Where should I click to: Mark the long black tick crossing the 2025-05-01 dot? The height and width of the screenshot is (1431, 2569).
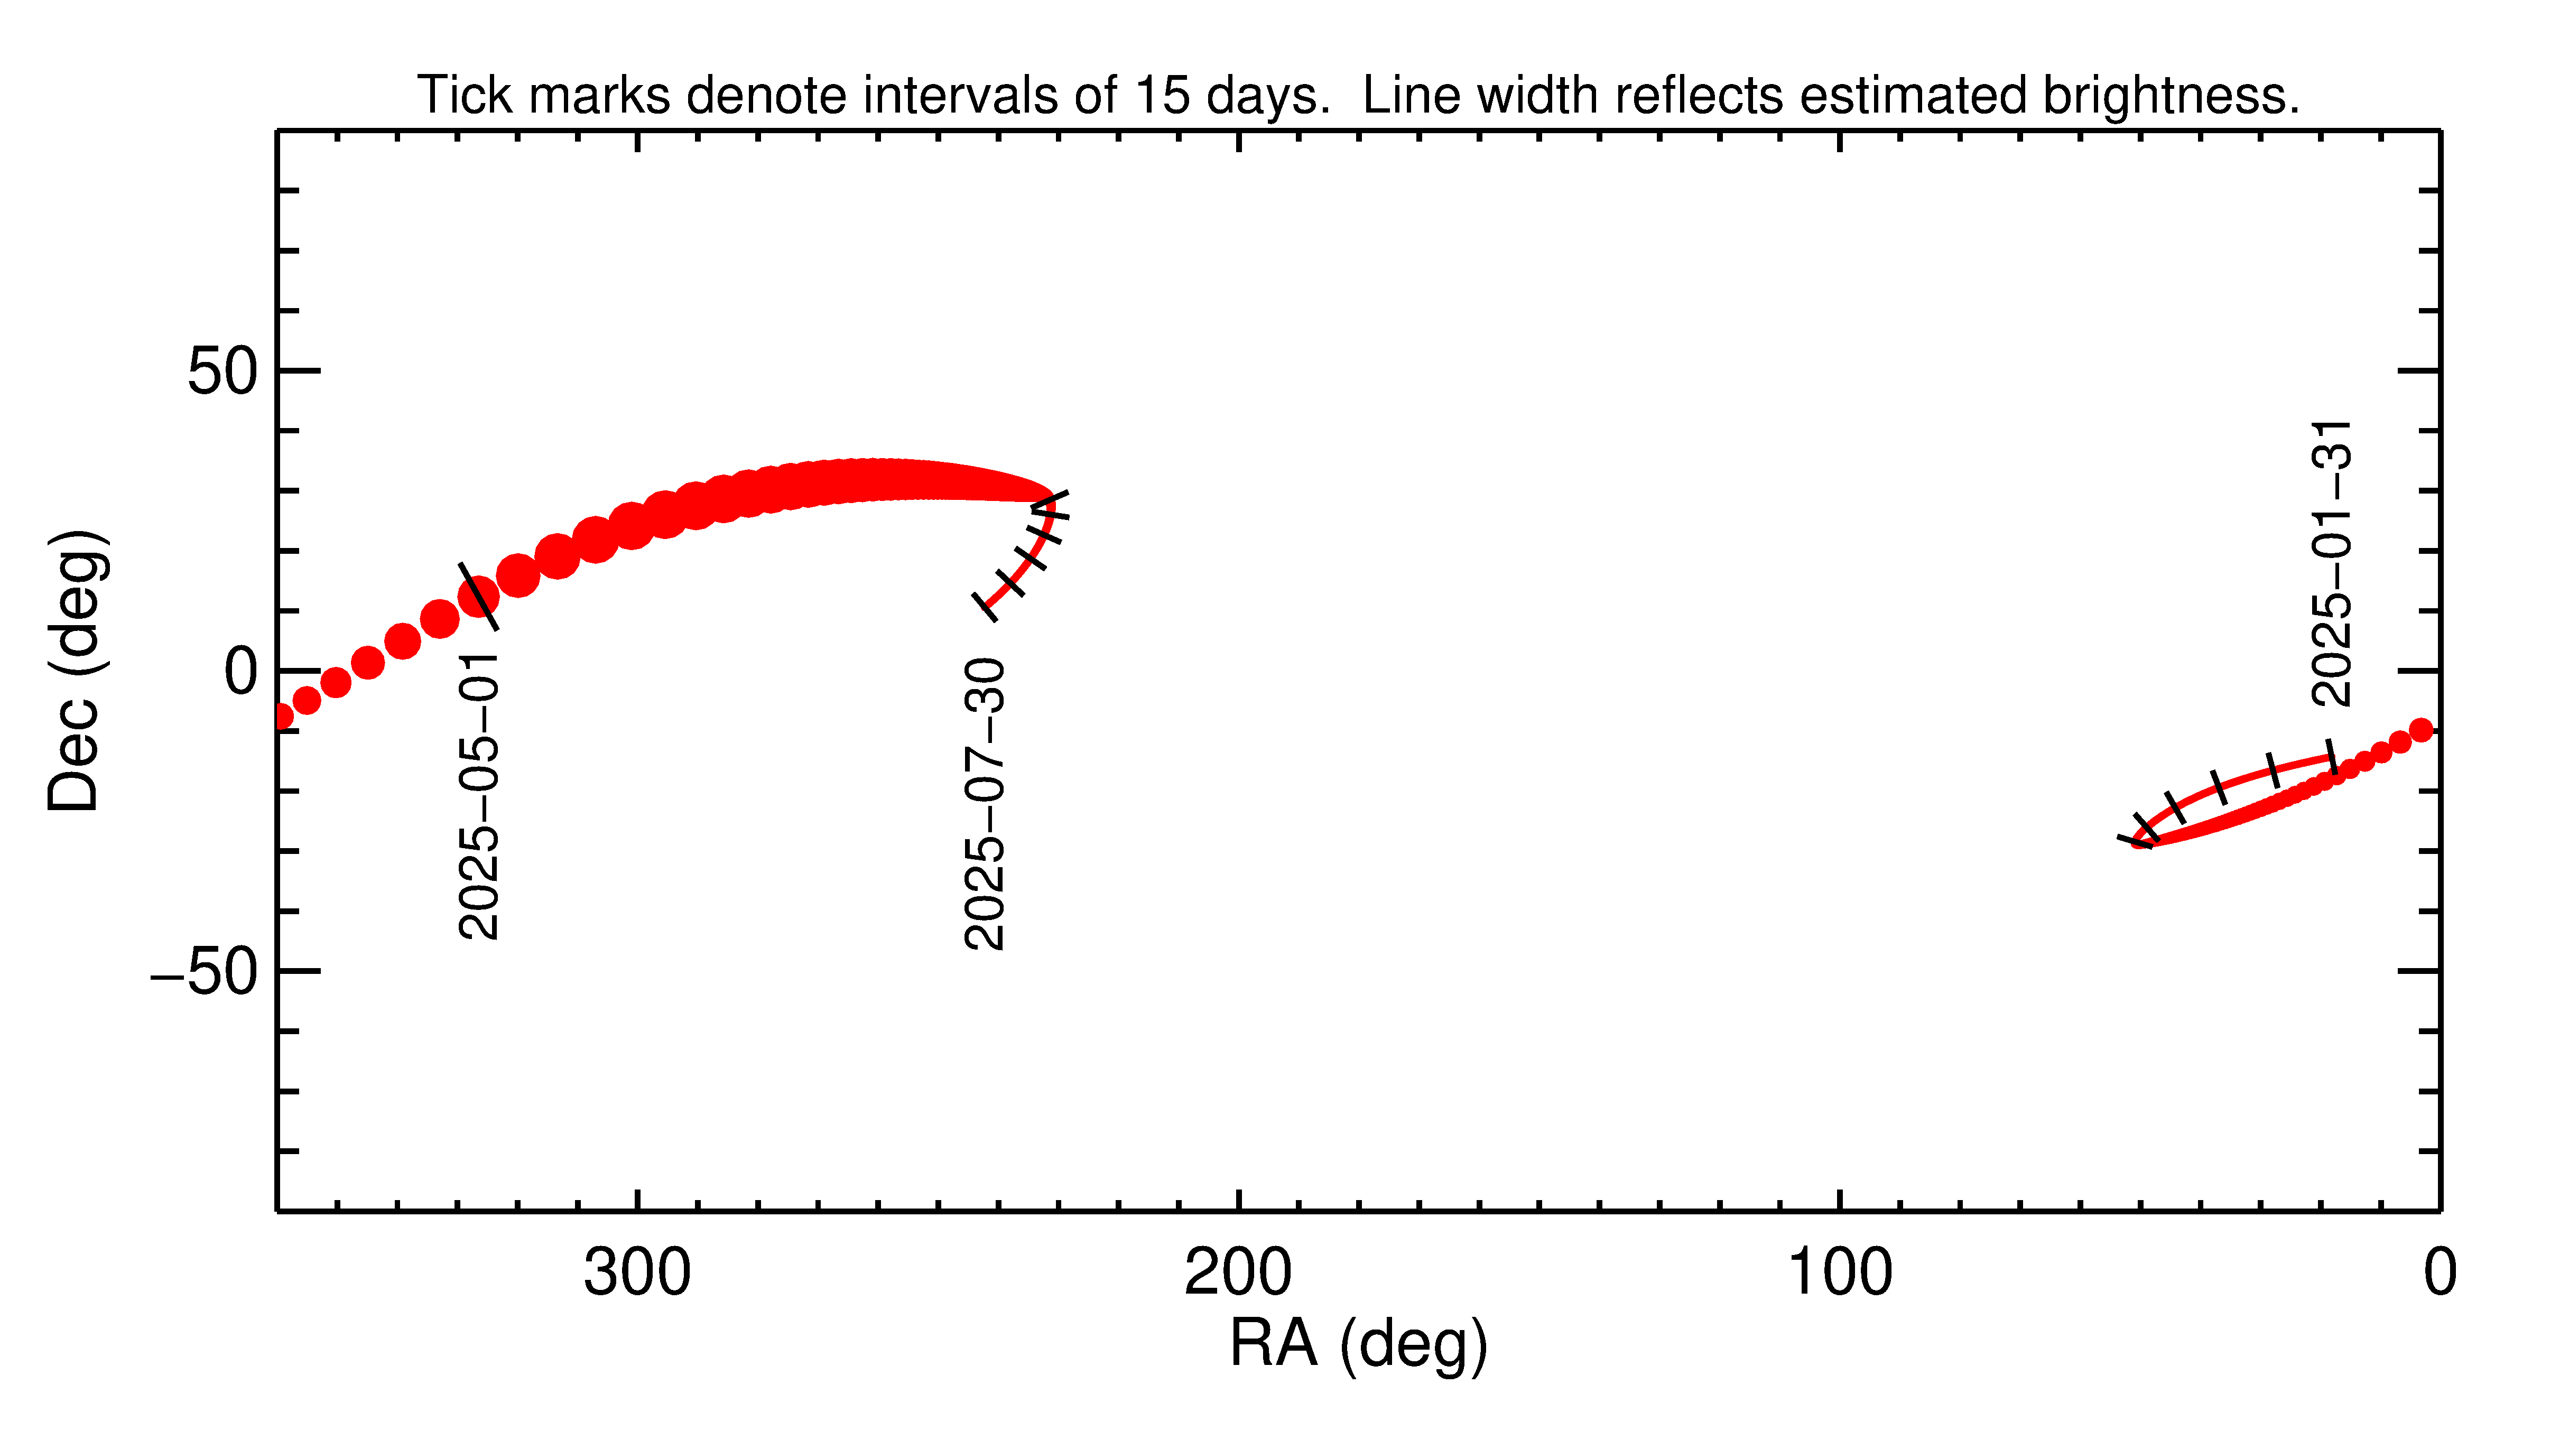(x=479, y=596)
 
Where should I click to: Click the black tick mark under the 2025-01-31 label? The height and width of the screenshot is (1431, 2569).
(x=2331, y=755)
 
